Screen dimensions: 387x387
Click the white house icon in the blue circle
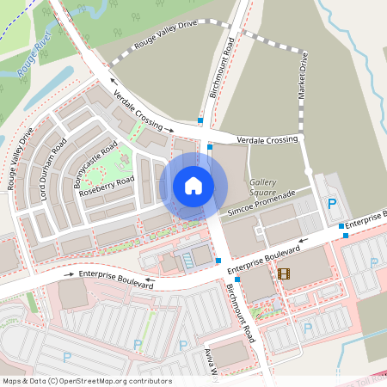(x=193, y=185)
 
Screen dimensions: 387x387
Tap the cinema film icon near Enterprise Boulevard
(x=284, y=273)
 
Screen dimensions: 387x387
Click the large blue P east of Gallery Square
(x=332, y=204)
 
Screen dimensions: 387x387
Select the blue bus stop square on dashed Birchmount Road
(x=200, y=122)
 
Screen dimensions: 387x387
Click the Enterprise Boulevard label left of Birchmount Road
(x=114, y=274)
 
